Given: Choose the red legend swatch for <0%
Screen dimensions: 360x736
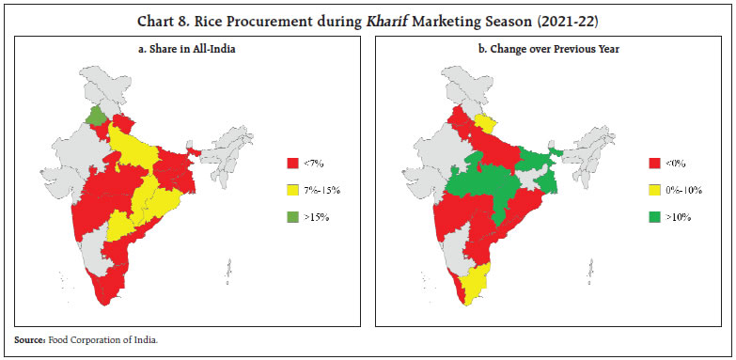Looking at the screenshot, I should pos(655,164).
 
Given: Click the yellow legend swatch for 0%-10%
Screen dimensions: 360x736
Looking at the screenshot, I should pos(655,190).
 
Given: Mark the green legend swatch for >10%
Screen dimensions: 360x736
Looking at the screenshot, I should pos(655,216).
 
